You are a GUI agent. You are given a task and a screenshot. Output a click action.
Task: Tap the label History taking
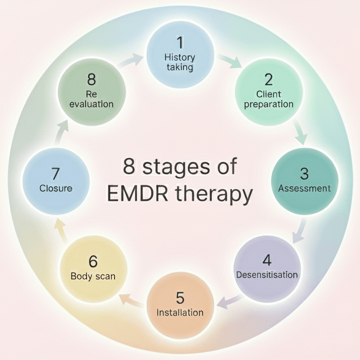tap(180, 63)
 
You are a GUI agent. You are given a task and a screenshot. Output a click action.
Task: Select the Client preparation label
tap(268, 99)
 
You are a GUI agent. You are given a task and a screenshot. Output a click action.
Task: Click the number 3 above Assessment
tap(305, 173)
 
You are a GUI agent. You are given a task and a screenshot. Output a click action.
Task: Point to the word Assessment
tap(305, 188)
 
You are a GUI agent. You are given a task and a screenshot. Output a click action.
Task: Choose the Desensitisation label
tap(267, 274)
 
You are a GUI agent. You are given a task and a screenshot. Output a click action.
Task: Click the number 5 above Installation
tap(180, 297)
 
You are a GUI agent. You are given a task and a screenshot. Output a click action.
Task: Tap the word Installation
tap(180, 312)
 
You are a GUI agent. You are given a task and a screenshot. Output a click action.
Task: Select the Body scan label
tap(93, 276)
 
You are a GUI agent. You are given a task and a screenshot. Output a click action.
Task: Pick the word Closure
tap(56, 188)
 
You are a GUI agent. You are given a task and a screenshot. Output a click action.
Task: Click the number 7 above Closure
tap(55, 173)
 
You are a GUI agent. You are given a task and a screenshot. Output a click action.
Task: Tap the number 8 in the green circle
tap(91, 78)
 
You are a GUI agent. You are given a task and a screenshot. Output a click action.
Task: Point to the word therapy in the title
tap(217, 195)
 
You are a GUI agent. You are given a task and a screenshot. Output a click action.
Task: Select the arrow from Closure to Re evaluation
tap(61, 131)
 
